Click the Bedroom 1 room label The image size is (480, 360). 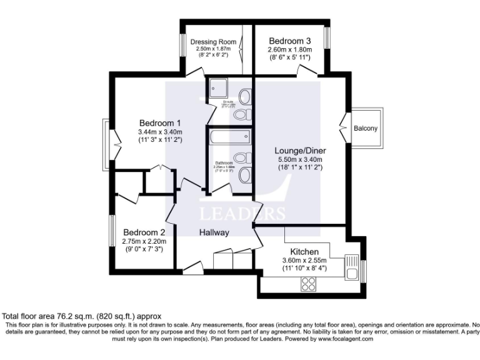tap(160, 122)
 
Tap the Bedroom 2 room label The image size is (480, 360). tap(144, 230)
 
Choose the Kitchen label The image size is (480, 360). tap(304, 251)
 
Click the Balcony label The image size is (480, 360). tap(366, 129)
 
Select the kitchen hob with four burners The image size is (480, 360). tap(309, 283)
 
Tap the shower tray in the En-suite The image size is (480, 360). tap(220, 87)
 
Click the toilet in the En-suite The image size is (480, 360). tap(245, 96)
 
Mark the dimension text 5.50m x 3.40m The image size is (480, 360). tap(302, 160)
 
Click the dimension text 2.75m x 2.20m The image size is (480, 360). tap(144, 241)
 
